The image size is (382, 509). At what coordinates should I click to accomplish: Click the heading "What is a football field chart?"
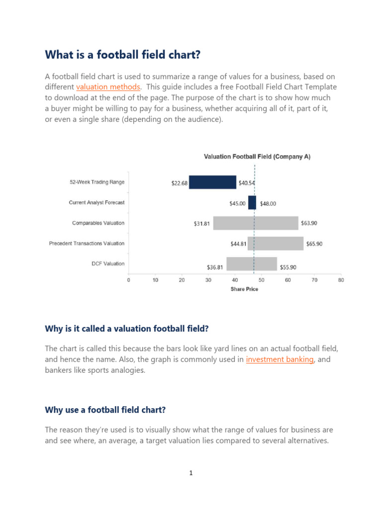(122, 55)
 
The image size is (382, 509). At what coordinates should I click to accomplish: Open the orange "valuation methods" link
(108, 87)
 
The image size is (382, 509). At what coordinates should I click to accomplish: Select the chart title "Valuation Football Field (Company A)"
(257, 157)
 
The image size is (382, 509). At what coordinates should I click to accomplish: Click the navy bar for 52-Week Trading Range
(212, 182)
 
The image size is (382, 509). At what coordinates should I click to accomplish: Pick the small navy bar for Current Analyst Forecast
(252, 203)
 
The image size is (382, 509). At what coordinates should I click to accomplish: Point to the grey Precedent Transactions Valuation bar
(276, 244)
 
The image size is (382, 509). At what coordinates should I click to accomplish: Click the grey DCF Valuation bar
(252, 264)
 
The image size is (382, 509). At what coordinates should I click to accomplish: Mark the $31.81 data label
(202, 224)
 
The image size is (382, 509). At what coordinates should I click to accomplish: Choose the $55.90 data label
(288, 267)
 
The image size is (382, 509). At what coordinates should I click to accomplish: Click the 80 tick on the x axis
(341, 280)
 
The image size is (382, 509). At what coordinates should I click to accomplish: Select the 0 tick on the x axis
(129, 280)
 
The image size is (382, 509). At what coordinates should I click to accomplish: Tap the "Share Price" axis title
(244, 289)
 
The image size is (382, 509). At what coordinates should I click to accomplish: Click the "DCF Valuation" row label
(108, 263)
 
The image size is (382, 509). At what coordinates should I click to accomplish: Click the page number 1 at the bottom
(191, 473)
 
